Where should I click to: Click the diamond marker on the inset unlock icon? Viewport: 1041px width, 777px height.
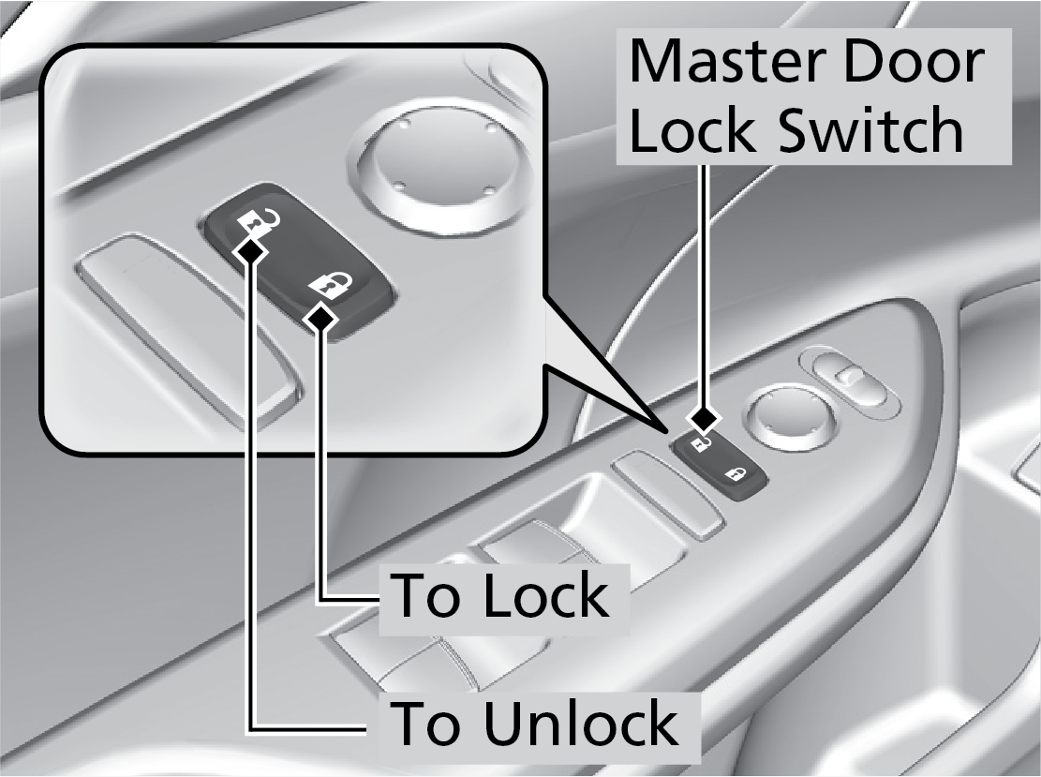(x=250, y=248)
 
